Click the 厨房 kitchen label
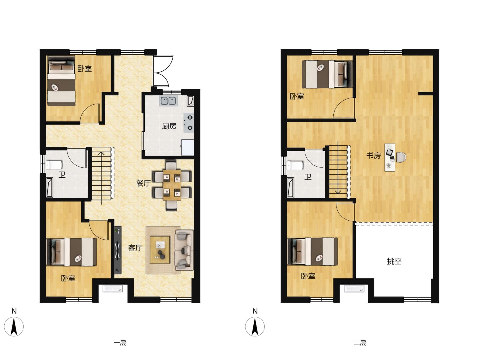(x=169, y=126)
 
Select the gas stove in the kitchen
(x=189, y=123)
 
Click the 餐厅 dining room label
(x=143, y=183)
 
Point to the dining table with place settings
(x=172, y=185)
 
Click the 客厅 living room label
(x=135, y=248)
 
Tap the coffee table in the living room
(x=160, y=250)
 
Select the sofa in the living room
(x=184, y=250)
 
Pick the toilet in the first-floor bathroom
(x=54, y=165)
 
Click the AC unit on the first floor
(x=113, y=289)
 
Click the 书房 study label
(x=374, y=156)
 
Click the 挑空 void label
(x=394, y=261)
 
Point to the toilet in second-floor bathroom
(x=295, y=165)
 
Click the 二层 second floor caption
(x=360, y=343)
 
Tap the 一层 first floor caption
(x=120, y=343)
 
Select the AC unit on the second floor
(x=354, y=289)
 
